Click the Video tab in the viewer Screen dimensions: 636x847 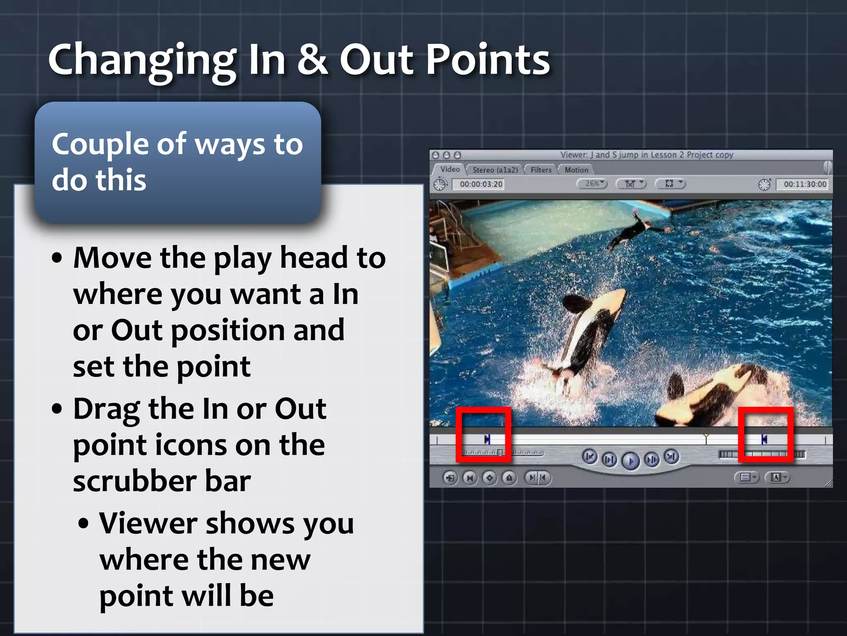(450, 169)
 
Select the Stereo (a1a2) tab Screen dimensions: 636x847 (495, 170)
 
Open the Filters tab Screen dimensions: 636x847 (541, 170)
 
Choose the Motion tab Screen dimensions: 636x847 (576, 170)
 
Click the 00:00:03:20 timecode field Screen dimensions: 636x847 (481, 184)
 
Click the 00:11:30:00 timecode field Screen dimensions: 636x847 (804, 184)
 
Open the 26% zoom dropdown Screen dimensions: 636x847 (593, 183)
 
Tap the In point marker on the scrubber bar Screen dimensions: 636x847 (487, 439)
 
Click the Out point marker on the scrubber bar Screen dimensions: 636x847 (764, 439)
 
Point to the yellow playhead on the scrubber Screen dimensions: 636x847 (706, 438)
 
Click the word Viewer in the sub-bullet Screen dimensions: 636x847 (148, 523)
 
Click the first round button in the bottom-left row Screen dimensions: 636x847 (450, 478)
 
